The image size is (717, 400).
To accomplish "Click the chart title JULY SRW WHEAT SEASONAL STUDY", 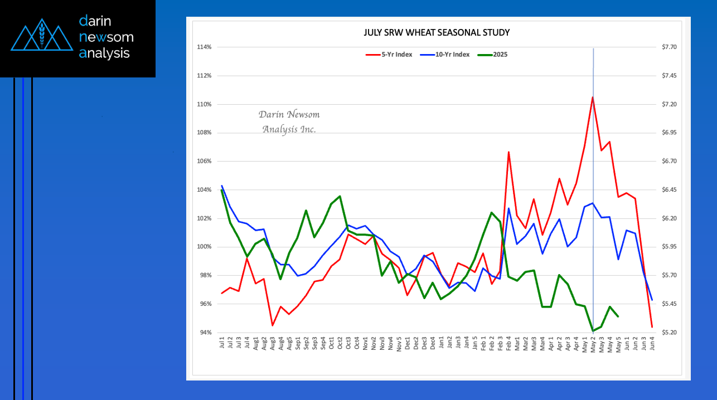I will coord(437,33).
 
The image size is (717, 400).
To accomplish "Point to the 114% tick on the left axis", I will coord(204,47).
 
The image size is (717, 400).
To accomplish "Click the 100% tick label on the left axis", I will coord(204,247).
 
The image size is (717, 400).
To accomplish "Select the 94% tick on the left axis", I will coord(205,333).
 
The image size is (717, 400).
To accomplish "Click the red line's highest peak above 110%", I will coord(593,97).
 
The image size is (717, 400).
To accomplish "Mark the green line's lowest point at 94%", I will coord(593,331).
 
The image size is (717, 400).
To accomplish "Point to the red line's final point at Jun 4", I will coord(652,327).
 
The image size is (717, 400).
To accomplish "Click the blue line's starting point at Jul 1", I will coord(222,186).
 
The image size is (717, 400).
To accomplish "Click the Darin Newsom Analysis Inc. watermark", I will coord(289,121).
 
